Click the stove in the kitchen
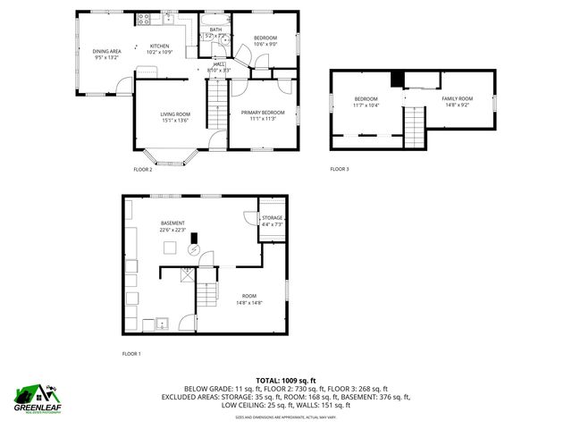[145, 19]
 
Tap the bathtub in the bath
[215, 19]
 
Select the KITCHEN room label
[159, 46]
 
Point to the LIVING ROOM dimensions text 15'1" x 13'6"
[175, 121]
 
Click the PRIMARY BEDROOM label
[262, 112]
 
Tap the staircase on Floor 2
[217, 104]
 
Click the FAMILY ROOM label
[455, 98]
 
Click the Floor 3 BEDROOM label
[366, 98]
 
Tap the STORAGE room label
[272, 217]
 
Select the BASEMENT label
[172, 223]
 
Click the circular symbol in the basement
[192, 251]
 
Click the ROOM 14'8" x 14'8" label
[248, 296]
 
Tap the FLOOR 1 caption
[131, 354]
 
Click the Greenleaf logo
[35, 397]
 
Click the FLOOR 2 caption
[143, 169]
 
